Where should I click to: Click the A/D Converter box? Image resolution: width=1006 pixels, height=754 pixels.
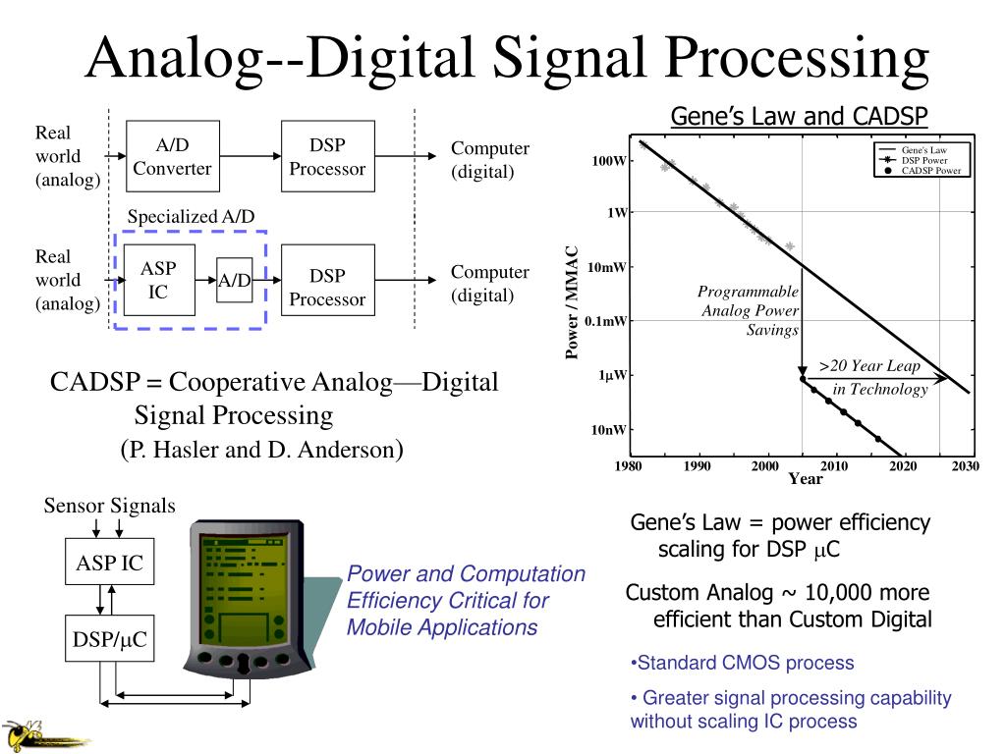pos(172,157)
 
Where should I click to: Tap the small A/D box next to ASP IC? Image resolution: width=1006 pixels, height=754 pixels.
pos(235,281)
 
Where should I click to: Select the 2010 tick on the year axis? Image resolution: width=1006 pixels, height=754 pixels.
pos(834,465)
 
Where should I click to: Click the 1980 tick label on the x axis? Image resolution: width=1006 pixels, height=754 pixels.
pos(629,465)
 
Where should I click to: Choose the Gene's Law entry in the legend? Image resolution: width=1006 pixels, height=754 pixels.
pos(923,149)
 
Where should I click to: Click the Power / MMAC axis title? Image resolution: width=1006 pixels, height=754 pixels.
pos(573,303)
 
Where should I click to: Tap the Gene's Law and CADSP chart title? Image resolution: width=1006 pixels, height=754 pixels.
pos(799,117)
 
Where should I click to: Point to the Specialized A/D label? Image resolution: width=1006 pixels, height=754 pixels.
pos(192,216)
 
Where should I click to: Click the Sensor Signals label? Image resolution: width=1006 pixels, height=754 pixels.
pos(109,506)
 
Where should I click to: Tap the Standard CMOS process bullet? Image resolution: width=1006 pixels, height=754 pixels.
pos(743,663)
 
